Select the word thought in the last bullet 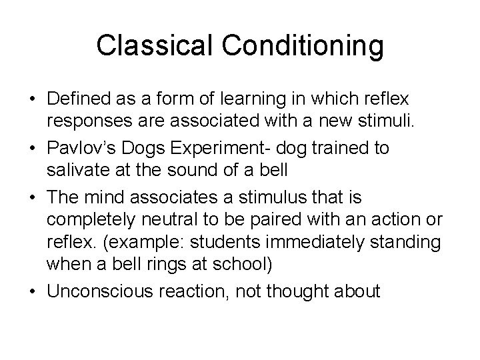(x=299, y=292)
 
